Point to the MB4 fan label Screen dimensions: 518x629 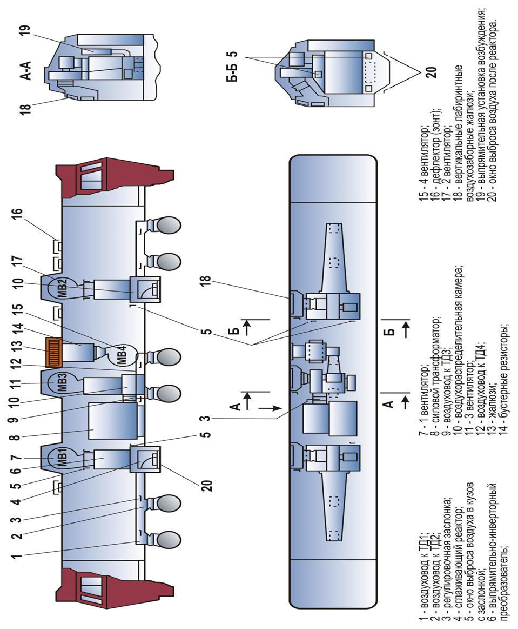(123, 355)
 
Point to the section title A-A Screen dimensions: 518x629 (25, 71)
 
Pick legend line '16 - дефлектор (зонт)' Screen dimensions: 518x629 (435, 154)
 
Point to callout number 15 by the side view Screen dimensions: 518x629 (18, 312)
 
